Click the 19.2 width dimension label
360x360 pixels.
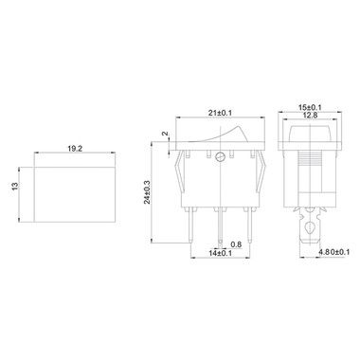tap(75, 149)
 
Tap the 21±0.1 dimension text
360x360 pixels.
tap(220, 113)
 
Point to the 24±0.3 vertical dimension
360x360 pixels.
tap(148, 192)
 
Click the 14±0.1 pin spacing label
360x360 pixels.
tap(220, 253)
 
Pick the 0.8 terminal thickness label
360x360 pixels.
tap(236, 244)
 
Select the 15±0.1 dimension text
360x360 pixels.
tap(310, 107)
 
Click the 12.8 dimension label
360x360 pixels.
tap(310, 116)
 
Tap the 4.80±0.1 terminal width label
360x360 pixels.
tap(333, 252)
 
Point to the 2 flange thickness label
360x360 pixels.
tap(165, 134)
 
